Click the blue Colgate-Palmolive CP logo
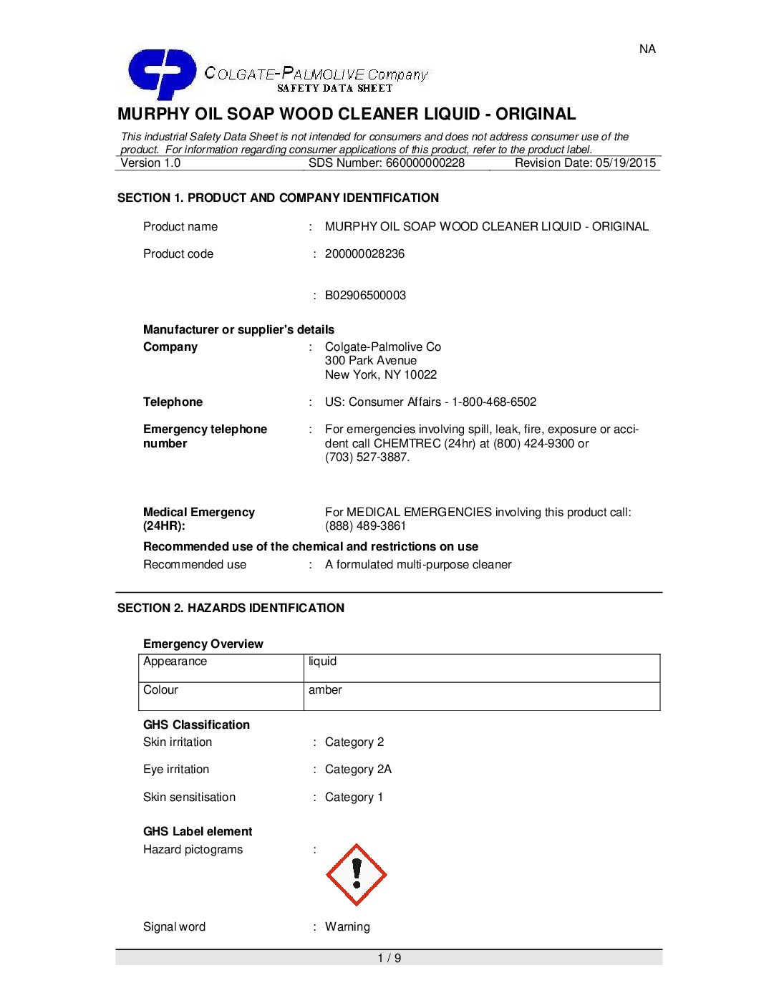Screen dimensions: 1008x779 coord(161,73)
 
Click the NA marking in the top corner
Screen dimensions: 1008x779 coord(647,49)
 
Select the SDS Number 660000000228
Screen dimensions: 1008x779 coord(425,163)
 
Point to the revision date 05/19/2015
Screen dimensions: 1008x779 coord(625,163)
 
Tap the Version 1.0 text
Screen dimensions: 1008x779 coord(150,163)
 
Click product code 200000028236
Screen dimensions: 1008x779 coord(364,254)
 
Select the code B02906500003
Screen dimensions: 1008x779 coord(365,296)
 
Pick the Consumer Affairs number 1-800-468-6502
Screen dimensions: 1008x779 coord(494,402)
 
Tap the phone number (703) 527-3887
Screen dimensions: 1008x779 coord(367,457)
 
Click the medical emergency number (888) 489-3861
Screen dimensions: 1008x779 coord(365,526)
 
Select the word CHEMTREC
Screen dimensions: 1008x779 coord(407,444)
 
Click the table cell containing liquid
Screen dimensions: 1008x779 coord(481,668)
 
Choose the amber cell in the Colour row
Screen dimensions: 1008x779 coord(481,696)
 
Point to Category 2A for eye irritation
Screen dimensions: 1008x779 coord(358,770)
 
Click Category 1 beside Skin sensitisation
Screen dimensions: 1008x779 coord(354,798)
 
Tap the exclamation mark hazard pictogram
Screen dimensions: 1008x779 coord(356,875)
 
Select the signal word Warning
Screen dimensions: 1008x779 coord(347,927)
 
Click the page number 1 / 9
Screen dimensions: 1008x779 coord(389,959)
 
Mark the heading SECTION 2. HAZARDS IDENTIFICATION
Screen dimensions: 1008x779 coord(231,609)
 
